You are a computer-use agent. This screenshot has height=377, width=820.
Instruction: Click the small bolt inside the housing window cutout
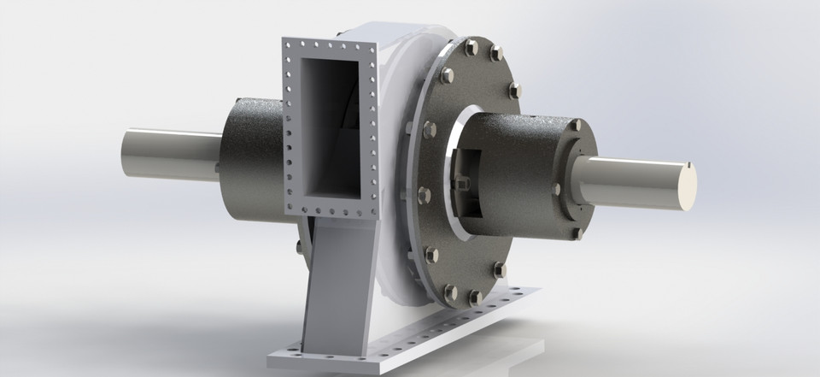462,182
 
